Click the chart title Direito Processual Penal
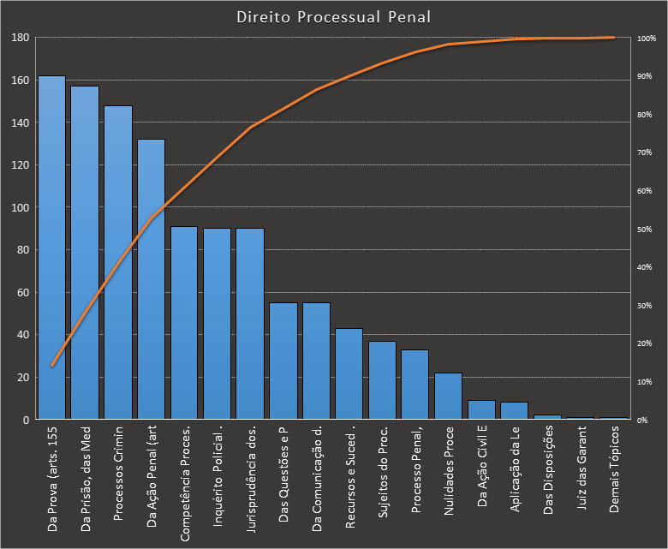pyautogui.click(x=333, y=17)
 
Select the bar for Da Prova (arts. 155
pyautogui.click(x=51, y=248)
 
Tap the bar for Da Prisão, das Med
pyautogui.click(x=85, y=253)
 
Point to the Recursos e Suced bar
pyautogui.click(x=349, y=374)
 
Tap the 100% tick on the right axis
pyautogui.click(x=647, y=39)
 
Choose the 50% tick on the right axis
pyautogui.click(x=646, y=230)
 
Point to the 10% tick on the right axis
pyautogui.click(x=646, y=382)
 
